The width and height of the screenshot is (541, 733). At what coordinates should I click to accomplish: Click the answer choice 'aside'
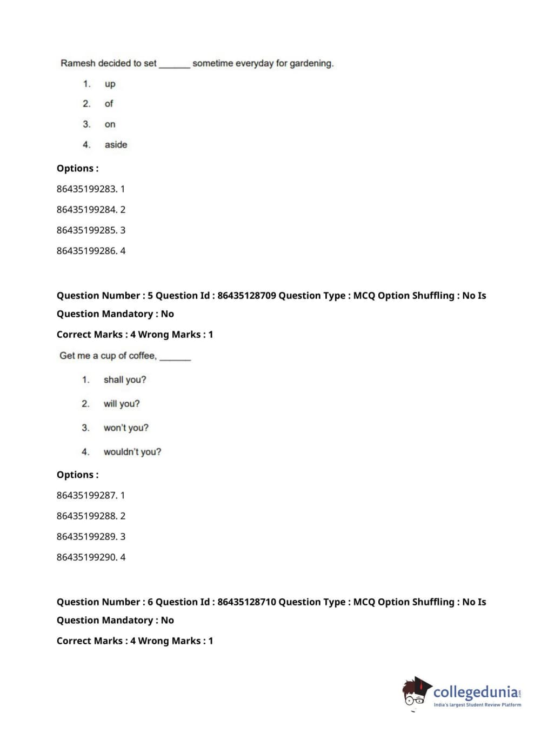pyautogui.click(x=116, y=145)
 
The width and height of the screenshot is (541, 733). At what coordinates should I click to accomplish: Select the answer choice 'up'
pyautogui.click(x=110, y=84)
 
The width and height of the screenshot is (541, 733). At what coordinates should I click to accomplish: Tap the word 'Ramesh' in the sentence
pyautogui.click(x=77, y=63)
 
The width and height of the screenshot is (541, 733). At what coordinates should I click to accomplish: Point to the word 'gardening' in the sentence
pyautogui.click(x=311, y=63)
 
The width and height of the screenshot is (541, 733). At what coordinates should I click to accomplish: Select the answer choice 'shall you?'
pyautogui.click(x=125, y=380)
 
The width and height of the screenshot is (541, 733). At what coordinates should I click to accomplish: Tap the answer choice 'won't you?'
pyautogui.click(x=126, y=428)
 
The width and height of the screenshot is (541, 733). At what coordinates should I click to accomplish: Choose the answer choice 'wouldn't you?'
pyautogui.click(x=132, y=452)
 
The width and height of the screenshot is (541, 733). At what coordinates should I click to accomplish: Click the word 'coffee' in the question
pyautogui.click(x=142, y=356)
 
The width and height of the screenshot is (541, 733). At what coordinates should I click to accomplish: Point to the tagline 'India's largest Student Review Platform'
pyautogui.click(x=477, y=705)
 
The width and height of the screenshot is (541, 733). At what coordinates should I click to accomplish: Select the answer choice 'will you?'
pyautogui.click(x=122, y=404)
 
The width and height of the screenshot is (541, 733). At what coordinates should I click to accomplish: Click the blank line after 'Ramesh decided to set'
pyautogui.click(x=174, y=64)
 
